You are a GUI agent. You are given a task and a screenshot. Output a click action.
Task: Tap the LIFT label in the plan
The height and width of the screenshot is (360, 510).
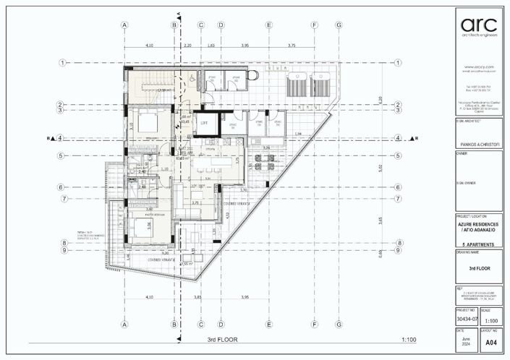pyautogui.click(x=205, y=123)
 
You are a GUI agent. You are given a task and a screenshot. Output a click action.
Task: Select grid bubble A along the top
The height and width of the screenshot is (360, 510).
pyautogui.click(x=124, y=25)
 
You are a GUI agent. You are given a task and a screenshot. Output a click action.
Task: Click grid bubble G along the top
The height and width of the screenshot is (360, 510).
pyautogui.click(x=339, y=25)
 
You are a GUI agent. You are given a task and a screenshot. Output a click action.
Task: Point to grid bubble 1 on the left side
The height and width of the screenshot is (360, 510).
pyautogui.click(x=63, y=63)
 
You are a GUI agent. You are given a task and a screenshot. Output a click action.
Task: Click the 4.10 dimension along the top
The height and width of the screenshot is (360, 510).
pyautogui.click(x=149, y=46)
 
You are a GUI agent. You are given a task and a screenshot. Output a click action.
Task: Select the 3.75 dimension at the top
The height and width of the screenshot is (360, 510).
pyautogui.click(x=291, y=46)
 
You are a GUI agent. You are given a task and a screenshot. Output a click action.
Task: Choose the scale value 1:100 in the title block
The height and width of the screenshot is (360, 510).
pyautogui.click(x=491, y=320)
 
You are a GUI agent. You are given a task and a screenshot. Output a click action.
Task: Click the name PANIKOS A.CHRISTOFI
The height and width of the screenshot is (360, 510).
pyautogui.click(x=480, y=145)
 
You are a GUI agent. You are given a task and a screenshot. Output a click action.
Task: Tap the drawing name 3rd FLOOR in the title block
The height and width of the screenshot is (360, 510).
pyautogui.click(x=480, y=267)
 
